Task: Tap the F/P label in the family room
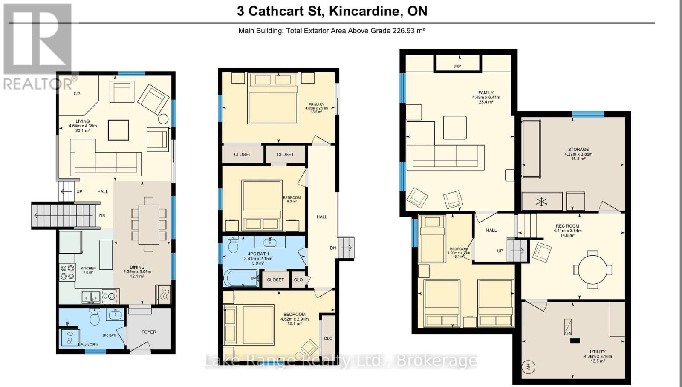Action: (457, 66)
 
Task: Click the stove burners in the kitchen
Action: (67, 272)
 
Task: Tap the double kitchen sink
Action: (91, 296)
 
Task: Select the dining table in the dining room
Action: (149, 225)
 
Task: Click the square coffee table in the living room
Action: (118, 130)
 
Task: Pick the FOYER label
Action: (149, 332)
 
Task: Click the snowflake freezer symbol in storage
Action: (541, 202)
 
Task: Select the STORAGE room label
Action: (578, 150)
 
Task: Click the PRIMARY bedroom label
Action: (316, 104)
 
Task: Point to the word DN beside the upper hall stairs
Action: (333, 248)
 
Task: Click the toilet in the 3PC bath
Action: (95, 317)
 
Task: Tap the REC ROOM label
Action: (567, 226)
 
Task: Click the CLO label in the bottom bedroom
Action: (328, 338)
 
